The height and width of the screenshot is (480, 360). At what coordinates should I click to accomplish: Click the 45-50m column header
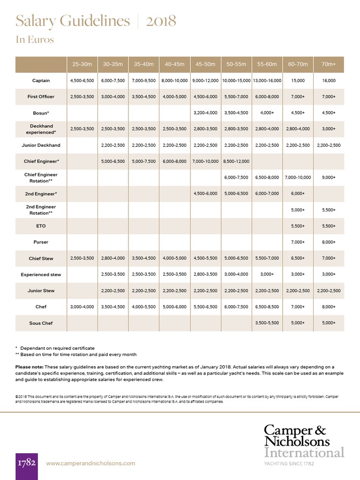click(x=205, y=64)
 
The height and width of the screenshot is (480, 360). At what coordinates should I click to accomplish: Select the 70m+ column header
click(x=329, y=64)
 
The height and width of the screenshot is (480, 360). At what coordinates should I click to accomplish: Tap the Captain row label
click(x=41, y=81)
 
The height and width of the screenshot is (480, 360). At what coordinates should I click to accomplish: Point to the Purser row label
click(x=41, y=242)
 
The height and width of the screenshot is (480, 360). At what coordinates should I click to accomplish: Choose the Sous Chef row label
click(x=41, y=323)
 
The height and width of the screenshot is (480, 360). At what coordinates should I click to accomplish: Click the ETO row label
click(x=41, y=226)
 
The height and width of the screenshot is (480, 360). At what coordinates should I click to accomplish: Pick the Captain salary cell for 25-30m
click(x=82, y=81)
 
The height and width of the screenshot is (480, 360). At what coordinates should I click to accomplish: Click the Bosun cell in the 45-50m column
click(x=205, y=113)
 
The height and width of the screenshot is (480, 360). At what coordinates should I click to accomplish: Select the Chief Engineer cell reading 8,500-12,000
click(x=236, y=161)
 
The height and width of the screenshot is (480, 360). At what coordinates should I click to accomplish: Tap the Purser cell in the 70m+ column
click(x=329, y=242)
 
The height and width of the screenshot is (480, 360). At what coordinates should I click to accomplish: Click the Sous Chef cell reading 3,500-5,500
click(x=267, y=323)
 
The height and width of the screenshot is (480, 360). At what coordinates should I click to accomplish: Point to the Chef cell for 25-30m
click(x=82, y=307)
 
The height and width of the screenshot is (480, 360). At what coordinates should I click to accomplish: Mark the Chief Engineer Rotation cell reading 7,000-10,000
click(x=298, y=178)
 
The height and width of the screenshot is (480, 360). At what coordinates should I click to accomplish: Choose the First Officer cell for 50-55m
click(x=236, y=97)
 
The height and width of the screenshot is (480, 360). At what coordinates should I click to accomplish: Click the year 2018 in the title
click(x=161, y=21)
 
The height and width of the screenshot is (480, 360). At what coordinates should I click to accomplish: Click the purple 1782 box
click(x=27, y=463)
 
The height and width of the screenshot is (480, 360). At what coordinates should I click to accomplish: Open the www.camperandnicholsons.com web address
click(x=90, y=463)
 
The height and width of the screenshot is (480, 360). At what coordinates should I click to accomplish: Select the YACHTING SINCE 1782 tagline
click(x=289, y=464)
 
